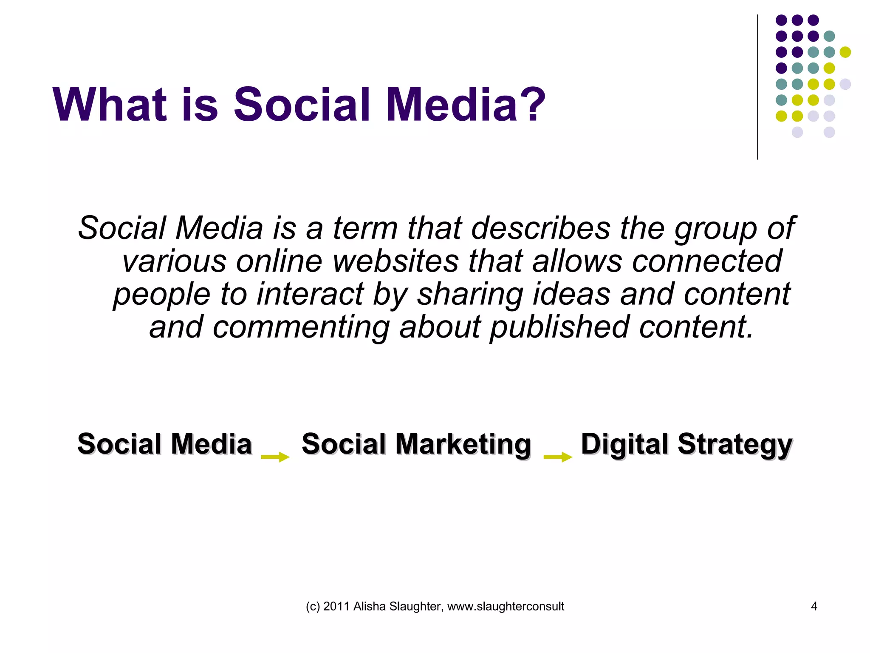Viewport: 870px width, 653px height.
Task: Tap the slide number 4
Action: (814, 606)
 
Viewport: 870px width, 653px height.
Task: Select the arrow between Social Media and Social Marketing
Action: (275, 457)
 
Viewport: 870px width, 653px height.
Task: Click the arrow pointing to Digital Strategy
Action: (558, 457)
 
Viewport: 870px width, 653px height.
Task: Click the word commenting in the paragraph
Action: (301, 327)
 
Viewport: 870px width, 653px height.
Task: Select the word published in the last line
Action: (559, 327)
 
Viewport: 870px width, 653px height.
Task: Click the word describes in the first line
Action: (540, 228)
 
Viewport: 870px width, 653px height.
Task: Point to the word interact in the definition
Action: (310, 294)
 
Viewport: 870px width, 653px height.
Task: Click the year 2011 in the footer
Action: (337, 606)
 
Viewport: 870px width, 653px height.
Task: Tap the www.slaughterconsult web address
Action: (506, 606)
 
